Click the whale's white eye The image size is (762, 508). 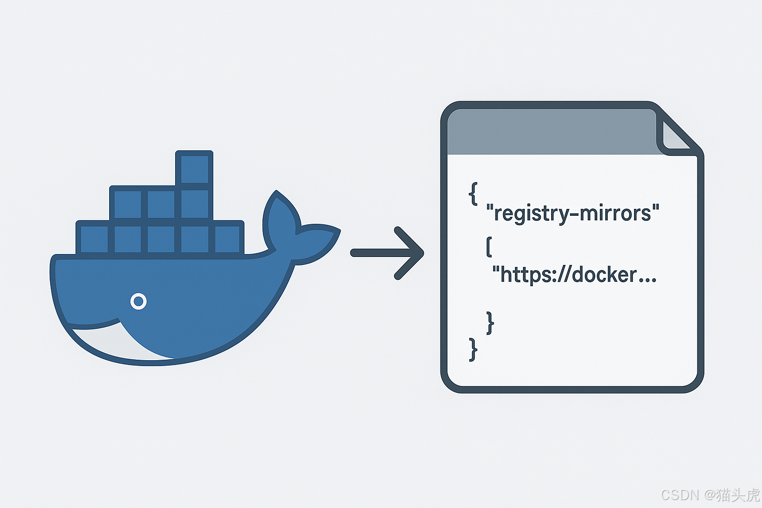click(x=138, y=301)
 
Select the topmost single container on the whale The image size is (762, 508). click(x=194, y=169)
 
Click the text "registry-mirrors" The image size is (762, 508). click(x=573, y=213)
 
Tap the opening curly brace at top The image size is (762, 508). click(x=473, y=193)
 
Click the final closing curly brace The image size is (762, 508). click(x=473, y=349)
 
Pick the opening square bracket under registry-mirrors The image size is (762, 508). click(x=489, y=247)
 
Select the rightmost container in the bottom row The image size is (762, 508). click(x=228, y=239)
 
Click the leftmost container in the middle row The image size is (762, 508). click(x=127, y=204)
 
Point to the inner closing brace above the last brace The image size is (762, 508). click(x=490, y=322)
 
